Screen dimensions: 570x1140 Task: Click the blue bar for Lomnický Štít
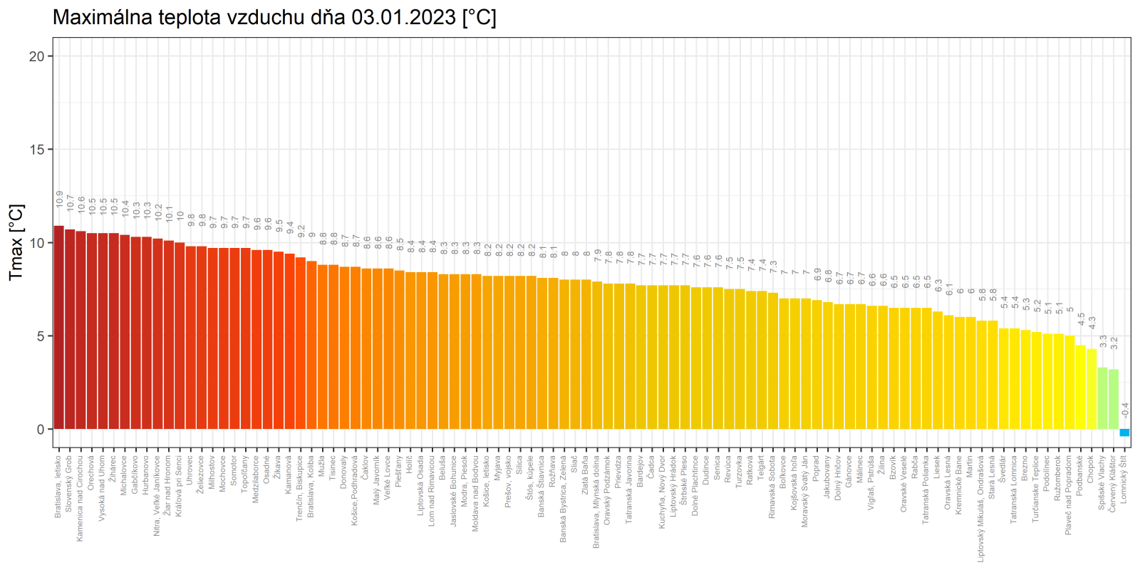pos(1124,432)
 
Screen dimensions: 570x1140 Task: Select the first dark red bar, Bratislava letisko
pos(59,328)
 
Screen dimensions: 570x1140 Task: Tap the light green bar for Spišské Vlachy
pos(1102,398)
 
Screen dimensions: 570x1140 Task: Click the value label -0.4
pos(1125,410)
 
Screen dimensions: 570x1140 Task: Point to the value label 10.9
pos(60,199)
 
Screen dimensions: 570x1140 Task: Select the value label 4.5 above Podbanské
pos(1081,320)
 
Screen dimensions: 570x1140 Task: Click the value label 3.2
pos(1114,343)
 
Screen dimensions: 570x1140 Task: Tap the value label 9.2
pos(301,231)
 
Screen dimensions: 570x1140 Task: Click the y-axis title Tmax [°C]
pos(16,242)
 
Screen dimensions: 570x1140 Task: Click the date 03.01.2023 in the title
pos(403,17)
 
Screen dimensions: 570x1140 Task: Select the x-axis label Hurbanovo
pos(146,475)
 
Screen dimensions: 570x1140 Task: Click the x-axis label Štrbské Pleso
pos(684,481)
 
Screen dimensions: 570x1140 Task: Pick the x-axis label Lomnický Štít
pos(1124,481)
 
